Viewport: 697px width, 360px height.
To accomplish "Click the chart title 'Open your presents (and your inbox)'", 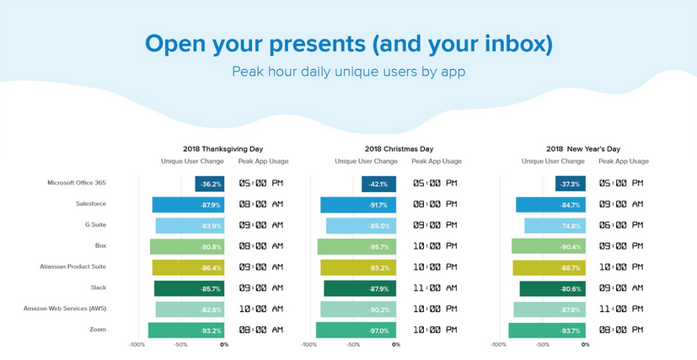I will (x=348, y=43).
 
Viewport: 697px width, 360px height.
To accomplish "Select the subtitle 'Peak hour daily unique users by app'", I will (x=348, y=72).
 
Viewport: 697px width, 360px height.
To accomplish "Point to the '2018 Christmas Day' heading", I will (x=399, y=148).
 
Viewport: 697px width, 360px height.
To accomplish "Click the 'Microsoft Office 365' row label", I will (x=78, y=183).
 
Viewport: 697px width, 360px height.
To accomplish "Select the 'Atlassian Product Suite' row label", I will (x=73, y=266).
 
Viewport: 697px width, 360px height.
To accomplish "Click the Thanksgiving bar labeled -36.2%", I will (x=209, y=184).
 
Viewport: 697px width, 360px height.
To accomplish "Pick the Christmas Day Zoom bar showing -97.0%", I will (x=355, y=330).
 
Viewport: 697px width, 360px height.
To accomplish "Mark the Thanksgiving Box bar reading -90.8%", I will (x=187, y=246).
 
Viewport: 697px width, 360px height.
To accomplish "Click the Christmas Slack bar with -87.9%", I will (x=359, y=288).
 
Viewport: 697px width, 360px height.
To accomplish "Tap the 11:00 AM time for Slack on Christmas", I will (x=435, y=288).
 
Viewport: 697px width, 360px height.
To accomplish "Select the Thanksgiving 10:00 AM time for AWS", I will (x=260, y=309).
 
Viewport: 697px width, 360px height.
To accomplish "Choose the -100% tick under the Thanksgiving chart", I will (x=137, y=344).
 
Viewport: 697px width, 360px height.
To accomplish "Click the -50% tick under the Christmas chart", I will (x=352, y=344).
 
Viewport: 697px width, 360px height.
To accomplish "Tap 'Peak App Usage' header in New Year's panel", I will (x=624, y=161).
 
